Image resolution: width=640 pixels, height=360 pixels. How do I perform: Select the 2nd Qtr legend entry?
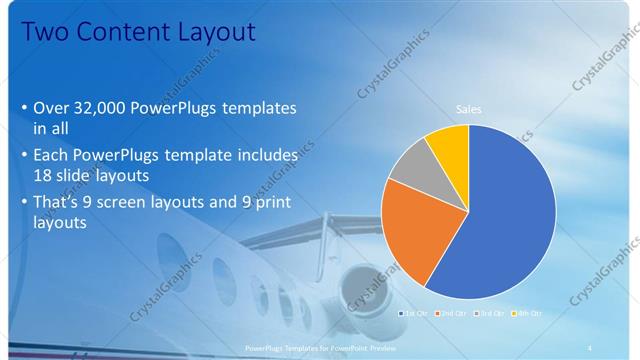coord(452,313)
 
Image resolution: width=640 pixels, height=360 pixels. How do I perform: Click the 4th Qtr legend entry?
coord(527,313)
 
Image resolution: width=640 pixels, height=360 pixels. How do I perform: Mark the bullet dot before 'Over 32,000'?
coord(24,108)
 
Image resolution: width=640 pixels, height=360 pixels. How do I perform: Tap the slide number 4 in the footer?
coord(589,347)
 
